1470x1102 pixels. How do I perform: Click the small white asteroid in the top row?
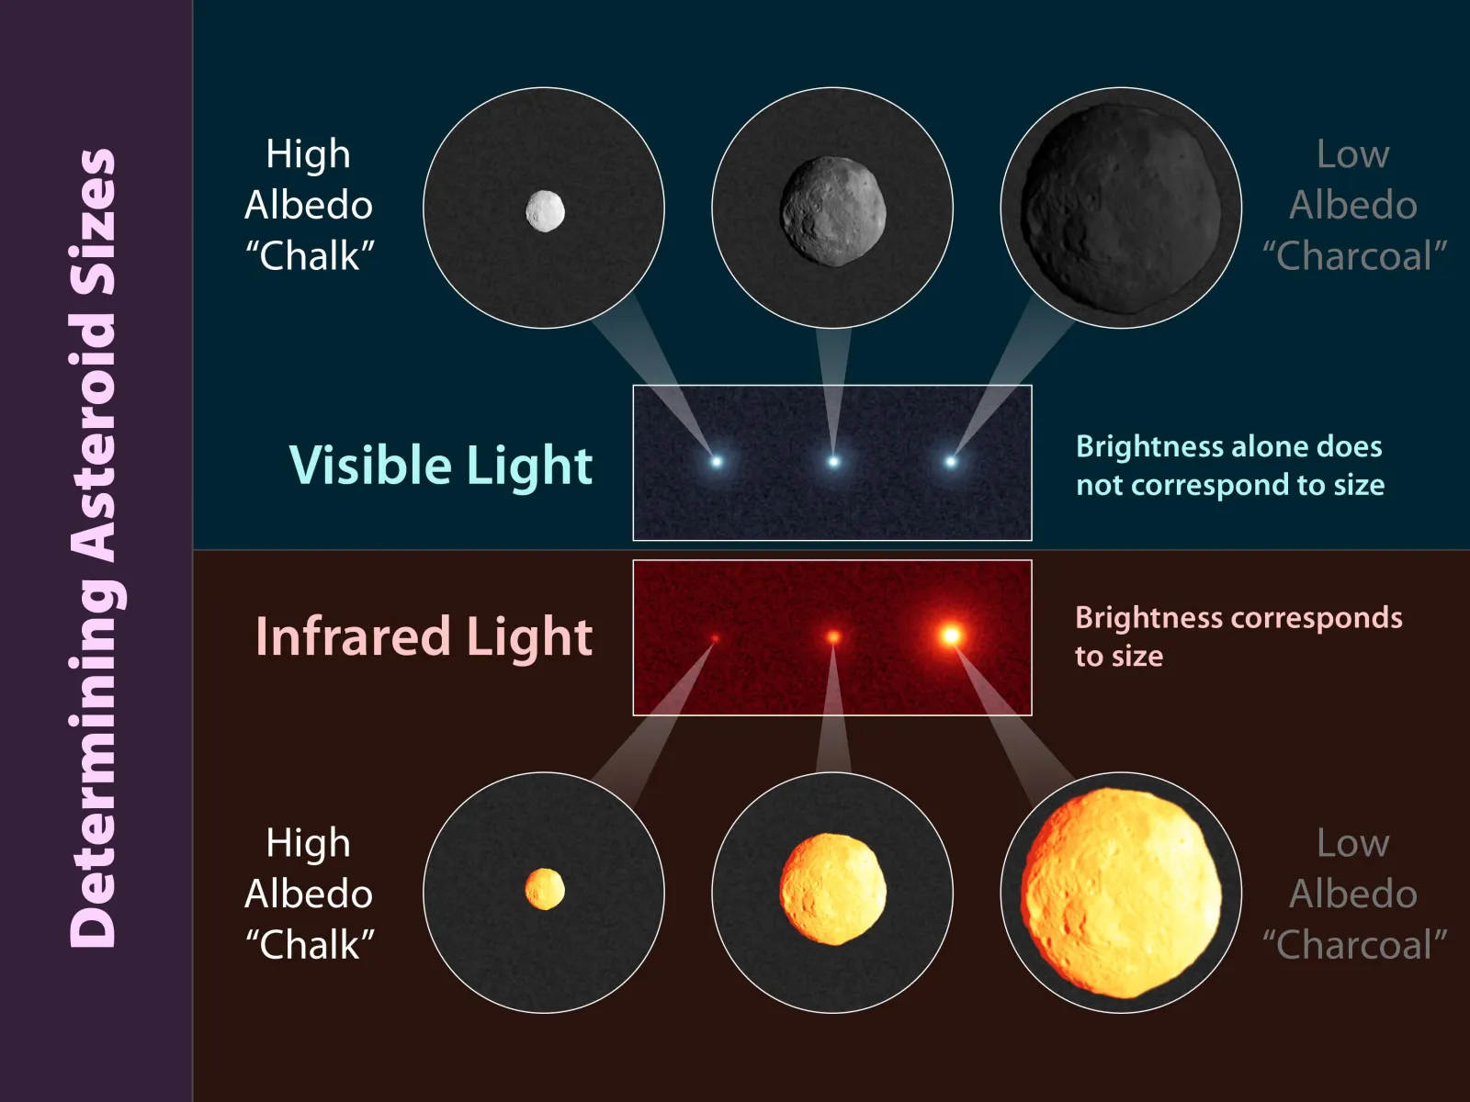pyautogui.click(x=545, y=211)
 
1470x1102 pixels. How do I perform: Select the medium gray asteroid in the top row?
pyautogui.click(x=833, y=211)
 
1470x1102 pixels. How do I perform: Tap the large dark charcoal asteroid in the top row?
pyautogui.click(x=1121, y=208)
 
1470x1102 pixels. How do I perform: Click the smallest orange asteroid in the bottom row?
pyautogui.click(x=545, y=889)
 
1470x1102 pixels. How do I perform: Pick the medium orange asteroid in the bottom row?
pyautogui.click(x=833, y=889)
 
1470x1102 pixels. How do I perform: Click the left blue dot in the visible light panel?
pyautogui.click(x=717, y=462)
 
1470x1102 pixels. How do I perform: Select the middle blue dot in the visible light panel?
pyautogui.click(x=833, y=462)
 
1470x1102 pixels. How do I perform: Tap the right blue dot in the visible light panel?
pyautogui.click(x=950, y=462)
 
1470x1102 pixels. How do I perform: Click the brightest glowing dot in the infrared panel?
pyautogui.click(x=951, y=635)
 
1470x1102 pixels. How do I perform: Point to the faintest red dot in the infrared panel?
pyautogui.click(x=715, y=639)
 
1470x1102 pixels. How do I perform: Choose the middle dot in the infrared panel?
pyautogui.click(x=833, y=637)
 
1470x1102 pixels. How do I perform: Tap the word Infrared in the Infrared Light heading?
pyautogui.click(x=352, y=635)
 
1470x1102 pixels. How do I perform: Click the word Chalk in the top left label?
pyautogui.click(x=310, y=255)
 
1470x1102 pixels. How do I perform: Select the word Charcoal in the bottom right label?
pyautogui.click(x=1355, y=944)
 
